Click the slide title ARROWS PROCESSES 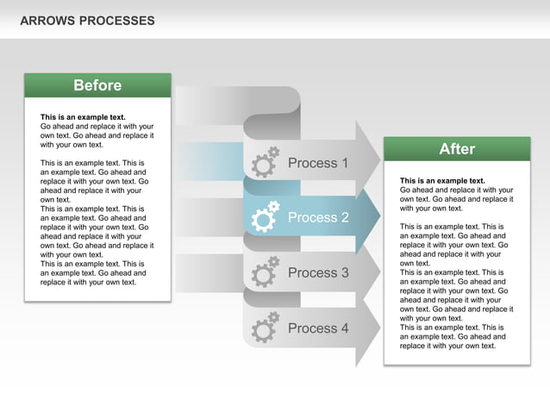[87, 20]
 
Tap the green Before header [97, 85]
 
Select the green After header [457, 149]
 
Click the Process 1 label [318, 163]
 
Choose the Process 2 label [318, 218]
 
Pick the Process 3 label [318, 273]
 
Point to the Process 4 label [318, 328]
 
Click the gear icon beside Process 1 [265, 162]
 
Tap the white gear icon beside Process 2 [265, 217]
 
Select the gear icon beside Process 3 [265, 272]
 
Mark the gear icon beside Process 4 [265, 328]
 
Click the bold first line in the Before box [83, 117]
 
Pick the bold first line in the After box [442, 181]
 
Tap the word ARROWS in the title [47, 20]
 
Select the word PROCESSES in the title [117, 20]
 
